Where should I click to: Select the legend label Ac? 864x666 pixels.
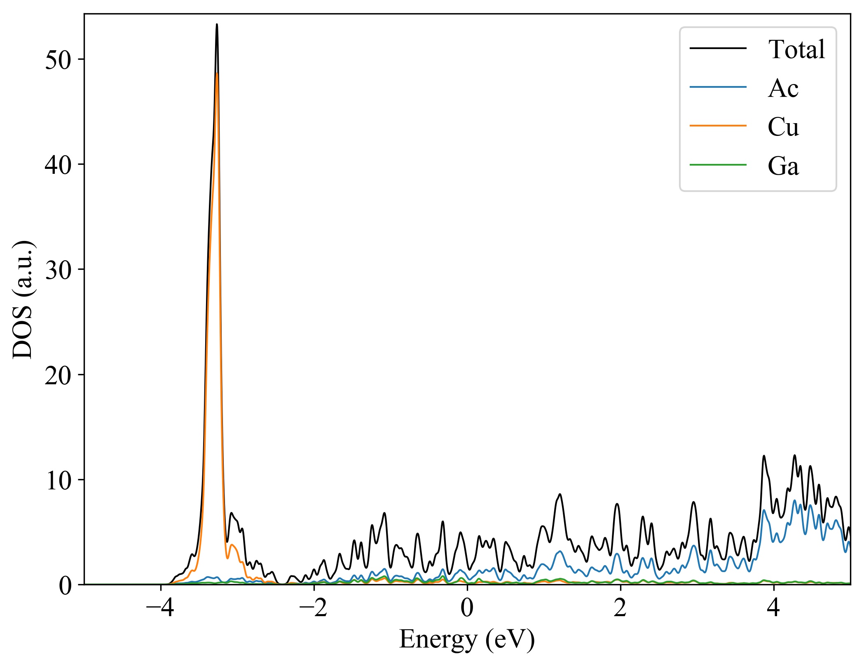pos(783,88)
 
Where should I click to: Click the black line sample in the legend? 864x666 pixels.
pos(718,49)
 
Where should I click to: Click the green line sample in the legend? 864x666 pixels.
pos(718,165)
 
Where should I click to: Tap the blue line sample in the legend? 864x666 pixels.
pos(718,87)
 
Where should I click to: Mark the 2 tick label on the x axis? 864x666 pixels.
pos(620,608)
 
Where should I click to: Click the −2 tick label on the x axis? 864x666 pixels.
pos(314,608)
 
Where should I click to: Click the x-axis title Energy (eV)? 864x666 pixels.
pos(467,640)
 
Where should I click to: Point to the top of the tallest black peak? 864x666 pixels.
pos(217,25)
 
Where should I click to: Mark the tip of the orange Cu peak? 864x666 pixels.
pos(217,73)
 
